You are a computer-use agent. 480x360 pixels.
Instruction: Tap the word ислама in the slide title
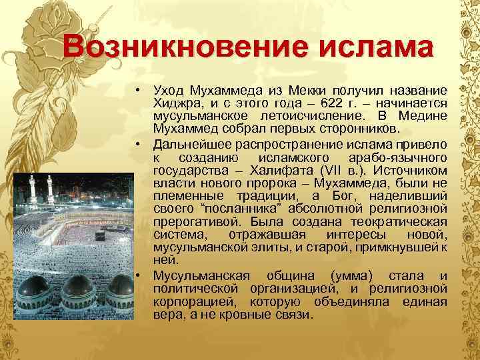pos(356,48)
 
